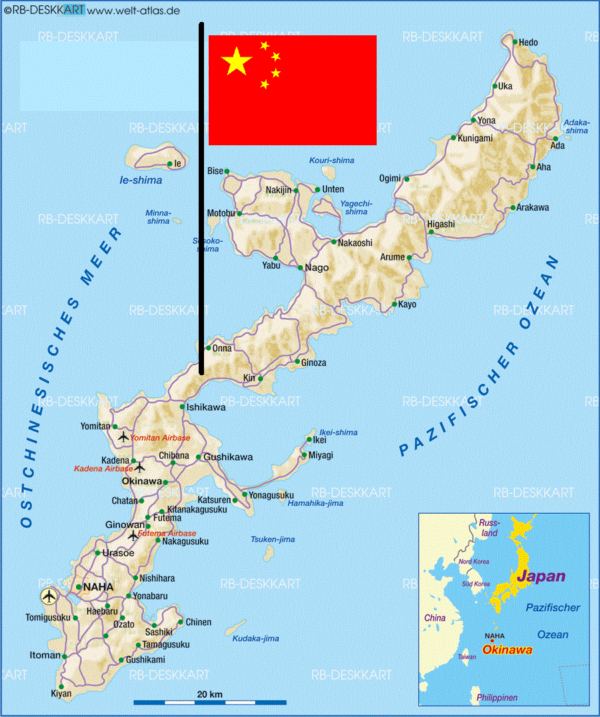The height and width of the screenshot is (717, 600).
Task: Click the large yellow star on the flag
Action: click(237, 61)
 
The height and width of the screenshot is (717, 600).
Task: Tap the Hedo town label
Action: click(528, 43)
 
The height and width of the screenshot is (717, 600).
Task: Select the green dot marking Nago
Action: click(301, 268)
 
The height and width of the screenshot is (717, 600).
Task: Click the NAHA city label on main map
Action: click(99, 587)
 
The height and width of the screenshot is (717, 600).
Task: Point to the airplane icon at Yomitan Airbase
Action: click(123, 437)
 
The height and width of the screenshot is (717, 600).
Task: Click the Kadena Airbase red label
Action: click(103, 468)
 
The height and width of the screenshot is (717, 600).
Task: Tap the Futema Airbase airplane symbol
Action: click(133, 534)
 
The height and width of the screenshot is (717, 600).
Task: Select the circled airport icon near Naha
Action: click(49, 596)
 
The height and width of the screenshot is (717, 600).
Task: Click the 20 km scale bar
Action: click(210, 702)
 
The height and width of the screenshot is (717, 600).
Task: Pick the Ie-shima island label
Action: click(141, 180)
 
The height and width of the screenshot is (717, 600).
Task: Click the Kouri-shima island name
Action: click(331, 161)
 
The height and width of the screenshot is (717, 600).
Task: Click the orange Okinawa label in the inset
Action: click(507, 650)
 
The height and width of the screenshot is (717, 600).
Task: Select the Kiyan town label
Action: click(61, 694)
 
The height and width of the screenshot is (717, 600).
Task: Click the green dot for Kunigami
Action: click(453, 139)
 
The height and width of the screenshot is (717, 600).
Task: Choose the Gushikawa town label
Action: click(228, 457)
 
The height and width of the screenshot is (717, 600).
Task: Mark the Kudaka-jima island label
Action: click(255, 638)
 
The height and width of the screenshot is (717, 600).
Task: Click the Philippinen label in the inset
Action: click(497, 698)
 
